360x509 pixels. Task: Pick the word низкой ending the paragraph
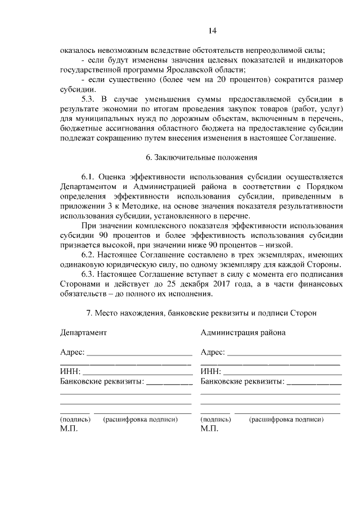(x=278, y=245)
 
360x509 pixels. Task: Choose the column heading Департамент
(x=83, y=332)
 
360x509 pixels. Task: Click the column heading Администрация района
(x=243, y=332)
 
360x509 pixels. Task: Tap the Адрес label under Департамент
(x=72, y=352)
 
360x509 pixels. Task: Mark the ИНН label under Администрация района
(x=210, y=372)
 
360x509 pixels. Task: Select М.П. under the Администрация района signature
(x=209, y=429)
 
